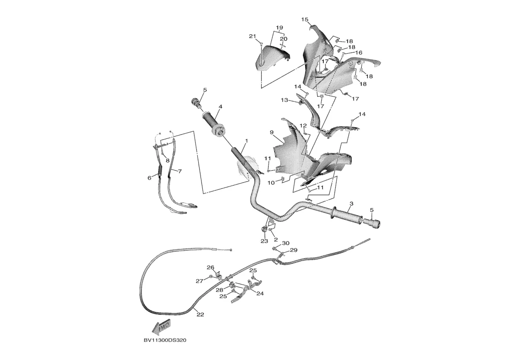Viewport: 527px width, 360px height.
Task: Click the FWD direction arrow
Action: point(163,327)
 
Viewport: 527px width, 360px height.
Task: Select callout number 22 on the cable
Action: point(200,315)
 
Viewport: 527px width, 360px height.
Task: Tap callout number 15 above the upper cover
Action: point(305,19)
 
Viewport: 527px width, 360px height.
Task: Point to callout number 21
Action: point(252,36)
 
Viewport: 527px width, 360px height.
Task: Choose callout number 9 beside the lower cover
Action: point(272,132)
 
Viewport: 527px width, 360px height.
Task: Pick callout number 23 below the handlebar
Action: point(264,241)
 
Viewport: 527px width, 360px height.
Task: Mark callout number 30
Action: point(286,243)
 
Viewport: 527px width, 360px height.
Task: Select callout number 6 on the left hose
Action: point(150,178)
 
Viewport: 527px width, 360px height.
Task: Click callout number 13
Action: point(284,100)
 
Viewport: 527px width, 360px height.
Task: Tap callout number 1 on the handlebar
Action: point(246,140)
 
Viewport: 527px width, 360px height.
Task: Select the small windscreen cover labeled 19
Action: point(273,58)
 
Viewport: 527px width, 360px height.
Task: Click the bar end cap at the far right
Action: point(375,224)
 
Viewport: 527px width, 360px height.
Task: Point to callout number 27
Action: point(199,281)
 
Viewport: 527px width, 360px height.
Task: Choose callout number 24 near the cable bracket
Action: point(260,293)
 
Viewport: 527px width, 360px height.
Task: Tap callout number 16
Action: point(358,53)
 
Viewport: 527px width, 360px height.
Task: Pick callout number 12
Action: point(303,125)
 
